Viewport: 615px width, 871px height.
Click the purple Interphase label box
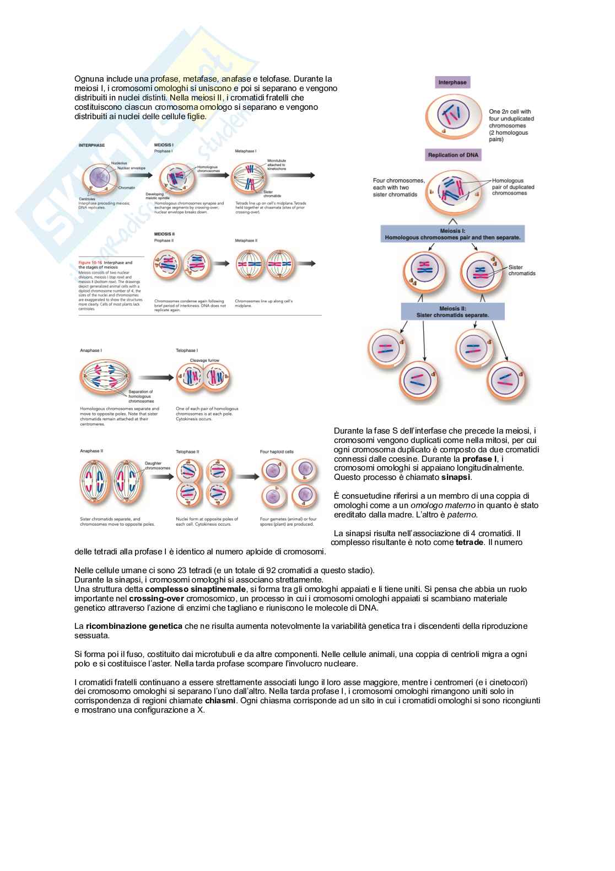click(452, 83)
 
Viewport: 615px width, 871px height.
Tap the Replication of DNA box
click(454, 155)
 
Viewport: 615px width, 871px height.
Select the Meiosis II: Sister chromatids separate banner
click(452, 312)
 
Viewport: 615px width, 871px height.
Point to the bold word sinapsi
click(456, 477)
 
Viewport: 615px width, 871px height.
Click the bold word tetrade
click(470, 542)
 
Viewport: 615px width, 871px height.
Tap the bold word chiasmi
click(220, 701)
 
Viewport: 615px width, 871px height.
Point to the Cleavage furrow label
click(204, 360)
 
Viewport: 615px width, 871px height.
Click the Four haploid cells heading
click(277, 451)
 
